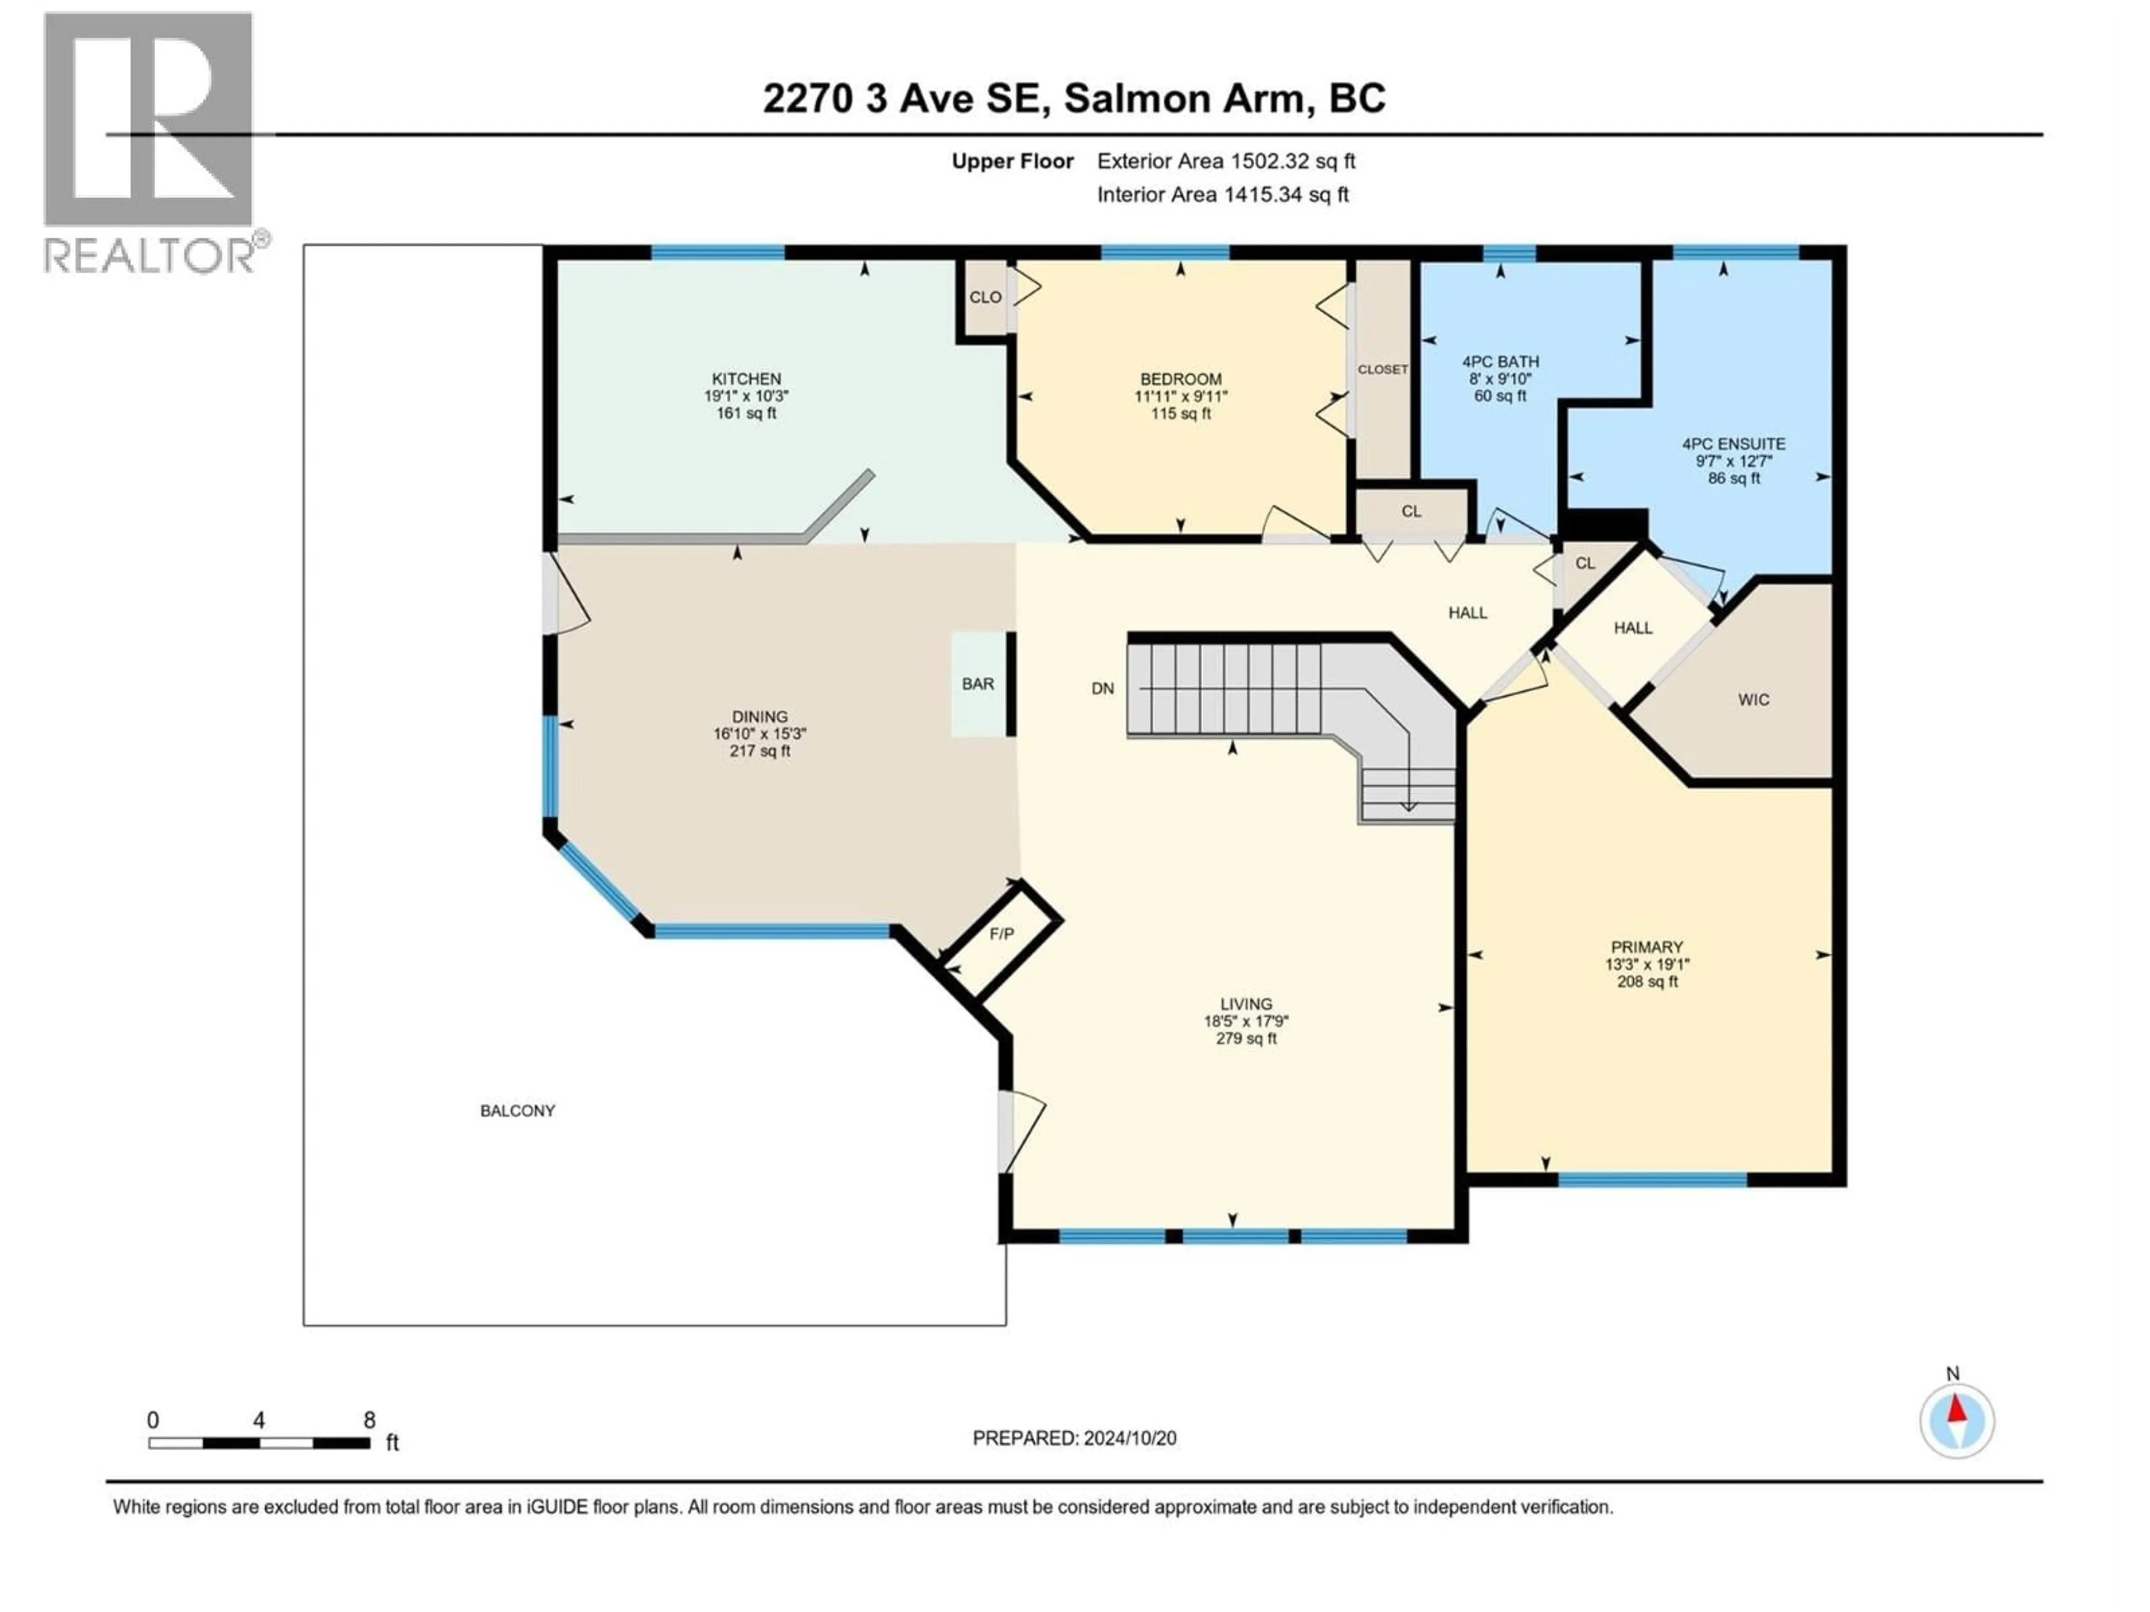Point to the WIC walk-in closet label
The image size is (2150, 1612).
point(1754,700)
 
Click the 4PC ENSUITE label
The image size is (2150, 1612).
point(1734,444)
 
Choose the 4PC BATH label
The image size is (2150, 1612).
point(1500,362)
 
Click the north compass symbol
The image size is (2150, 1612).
point(1957,1421)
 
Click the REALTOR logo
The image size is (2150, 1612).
point(151,141)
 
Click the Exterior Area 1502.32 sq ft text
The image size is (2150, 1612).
point(1226,161)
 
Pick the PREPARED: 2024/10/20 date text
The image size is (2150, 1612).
point(1074,1438)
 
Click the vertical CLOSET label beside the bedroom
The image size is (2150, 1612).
point(1382,369)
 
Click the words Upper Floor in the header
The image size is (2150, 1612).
point(1012,161)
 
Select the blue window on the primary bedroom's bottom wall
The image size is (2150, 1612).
point(1652,1179)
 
